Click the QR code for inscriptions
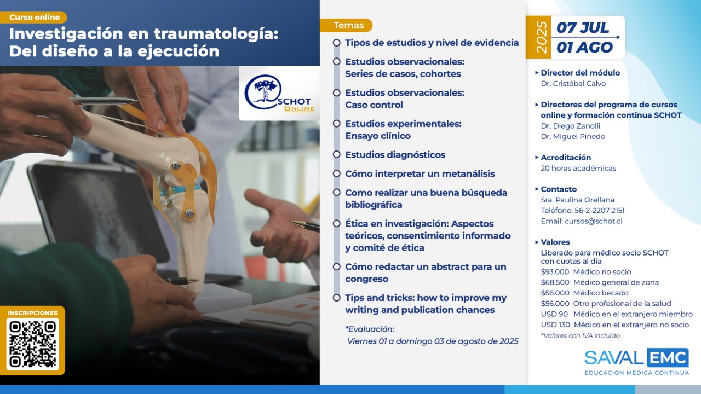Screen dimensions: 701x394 pyautogui.click(x=32, y=344)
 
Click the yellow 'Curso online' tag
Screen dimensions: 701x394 pyautogui.click(x=33, y=18)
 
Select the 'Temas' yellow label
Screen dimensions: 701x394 pyautogui.click(x=347, y=25)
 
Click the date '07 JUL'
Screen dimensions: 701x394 pyautogui.click(x=583, y=27)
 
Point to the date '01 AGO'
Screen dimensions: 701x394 pyautogui.click(x=584, y=48)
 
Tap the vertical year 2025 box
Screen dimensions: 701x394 pyautogui.click(x=538, y=37)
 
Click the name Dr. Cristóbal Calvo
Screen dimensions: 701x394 pyautogui.click(x=573, y=84)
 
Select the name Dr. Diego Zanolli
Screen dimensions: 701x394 pyautogui.click(x=571, y=126)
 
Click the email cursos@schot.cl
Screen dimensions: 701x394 pyautogui.click(x=594, y=222)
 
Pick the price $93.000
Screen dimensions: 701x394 pyautogui.click(x=555, y=272)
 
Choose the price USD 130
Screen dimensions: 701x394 pyautogui.click(x=555, y=325)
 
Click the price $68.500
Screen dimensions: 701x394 pyautogui.click(x=555, y=283)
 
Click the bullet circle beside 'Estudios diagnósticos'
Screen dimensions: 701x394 pyautogui.click(x=337, y=154)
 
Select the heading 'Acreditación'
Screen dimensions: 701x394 pyautogui.click(x=566, y=158)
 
